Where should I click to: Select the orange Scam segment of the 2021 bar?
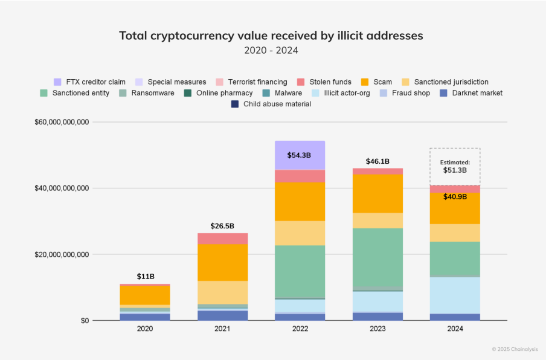click(222, 262)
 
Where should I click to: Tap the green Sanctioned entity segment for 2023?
click(377, 257)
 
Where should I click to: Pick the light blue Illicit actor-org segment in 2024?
click(455, 295)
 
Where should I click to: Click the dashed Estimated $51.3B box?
click(455, 166)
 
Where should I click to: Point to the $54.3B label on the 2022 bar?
click(299, 155)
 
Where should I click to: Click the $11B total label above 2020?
click(145, 276)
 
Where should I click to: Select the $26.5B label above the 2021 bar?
click(222, 226)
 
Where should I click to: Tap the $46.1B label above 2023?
click(377, 161)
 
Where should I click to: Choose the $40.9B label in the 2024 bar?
click(455, 196)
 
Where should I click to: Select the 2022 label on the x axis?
click(300, 329)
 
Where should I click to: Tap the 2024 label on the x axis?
click(455, 329)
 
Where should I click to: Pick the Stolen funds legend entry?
click(324, 82)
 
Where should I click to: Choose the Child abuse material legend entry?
click(271, 104)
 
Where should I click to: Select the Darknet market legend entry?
click(472, 93)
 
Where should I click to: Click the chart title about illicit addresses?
click(271, 35)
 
